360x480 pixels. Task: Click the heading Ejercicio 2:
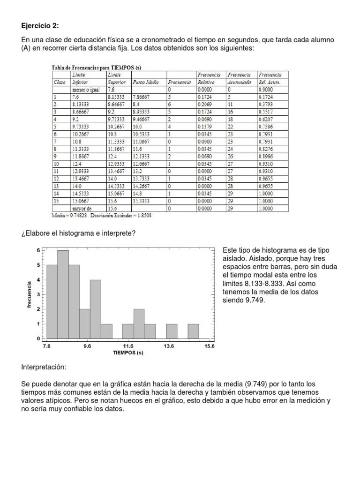(41, 25)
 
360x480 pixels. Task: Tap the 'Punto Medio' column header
(146, 82)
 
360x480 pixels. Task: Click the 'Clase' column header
(60, 82)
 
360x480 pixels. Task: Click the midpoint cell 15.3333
(142, 201)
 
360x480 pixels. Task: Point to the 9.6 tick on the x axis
(88, 346)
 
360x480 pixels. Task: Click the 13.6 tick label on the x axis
(169, 346)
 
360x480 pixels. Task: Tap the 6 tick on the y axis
(38, 250)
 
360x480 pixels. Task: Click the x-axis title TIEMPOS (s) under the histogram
(128, 353)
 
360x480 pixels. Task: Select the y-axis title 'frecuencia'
(30, 294)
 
